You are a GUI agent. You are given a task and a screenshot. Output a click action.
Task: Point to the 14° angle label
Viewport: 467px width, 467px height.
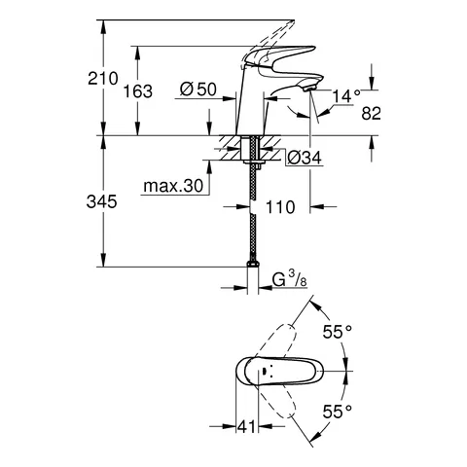[x=345, y=95]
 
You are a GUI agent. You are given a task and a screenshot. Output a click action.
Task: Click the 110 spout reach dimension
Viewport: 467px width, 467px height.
[x=280, y=207]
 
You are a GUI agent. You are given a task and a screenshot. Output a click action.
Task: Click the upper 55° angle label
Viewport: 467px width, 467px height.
[x=338, y=331]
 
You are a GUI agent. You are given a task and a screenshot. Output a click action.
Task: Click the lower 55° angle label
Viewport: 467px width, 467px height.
[x=338, y=411]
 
